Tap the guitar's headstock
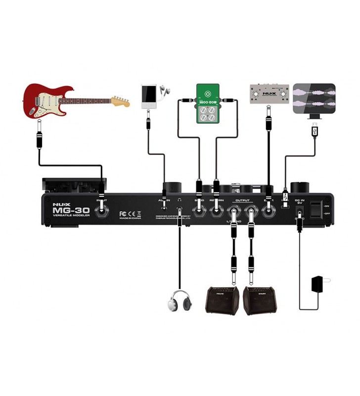(120, 101)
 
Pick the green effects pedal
(207, 103)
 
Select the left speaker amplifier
(222, 300)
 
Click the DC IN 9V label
(300, 201)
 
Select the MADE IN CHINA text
(131, 218)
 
